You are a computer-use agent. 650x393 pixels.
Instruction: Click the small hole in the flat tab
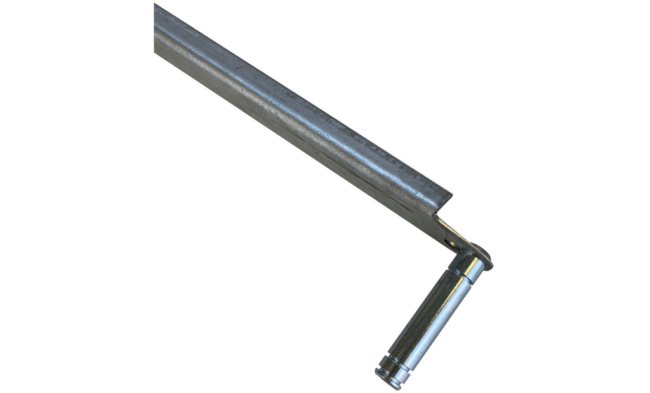pos(451,243)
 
